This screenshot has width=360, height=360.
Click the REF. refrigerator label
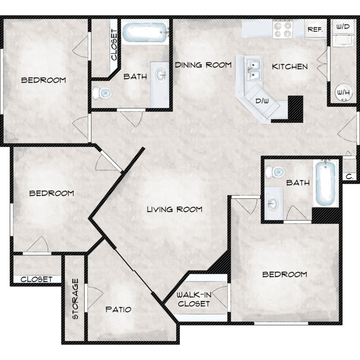pyautogui.click(x=315, y=30)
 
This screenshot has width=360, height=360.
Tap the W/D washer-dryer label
pyautogui.click(x=343, y=26)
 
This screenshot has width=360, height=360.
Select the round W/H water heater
pyautogui.click(x=344, y=92)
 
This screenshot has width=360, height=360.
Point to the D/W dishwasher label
pyautogui.click(x=262, y=101)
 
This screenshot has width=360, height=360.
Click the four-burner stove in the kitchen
pyautogui.click(x=283, y=29)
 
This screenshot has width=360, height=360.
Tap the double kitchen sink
pyautogui.click(x=253, y=69)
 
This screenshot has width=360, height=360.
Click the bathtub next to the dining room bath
pyautogui.click(x=145, y=32)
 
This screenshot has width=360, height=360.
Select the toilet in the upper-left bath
pyautogui.click(x=102, y=93)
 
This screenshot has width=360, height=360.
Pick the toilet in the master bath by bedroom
pyautogui.click(x=275, y=172)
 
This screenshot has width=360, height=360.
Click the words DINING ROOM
pyautogui.click(x=203, y=65)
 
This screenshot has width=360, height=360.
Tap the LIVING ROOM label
pyautogui.click(x=175, y=209)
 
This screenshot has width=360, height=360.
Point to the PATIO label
pyautogui.click(x=118, y=310)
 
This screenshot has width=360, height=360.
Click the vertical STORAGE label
pyautogui.click(x=75, y=299)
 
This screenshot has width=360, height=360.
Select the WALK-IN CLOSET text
pyautogui.click(x=194, y=299)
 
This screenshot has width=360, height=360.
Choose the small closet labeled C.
pyautogui.click(x=349, y=177)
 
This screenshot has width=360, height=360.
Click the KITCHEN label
pyautogui.click(x=290, y=67)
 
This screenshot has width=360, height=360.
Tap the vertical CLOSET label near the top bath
pyautogui.click(x=114, y=45)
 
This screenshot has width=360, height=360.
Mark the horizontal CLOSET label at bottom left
pyautogui.click(x=36, y=279)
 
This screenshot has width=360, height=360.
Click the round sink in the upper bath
pyautogui.click(x=160, y=74)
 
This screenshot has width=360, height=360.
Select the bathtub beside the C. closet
pyautogui.click(x=325, y=183)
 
